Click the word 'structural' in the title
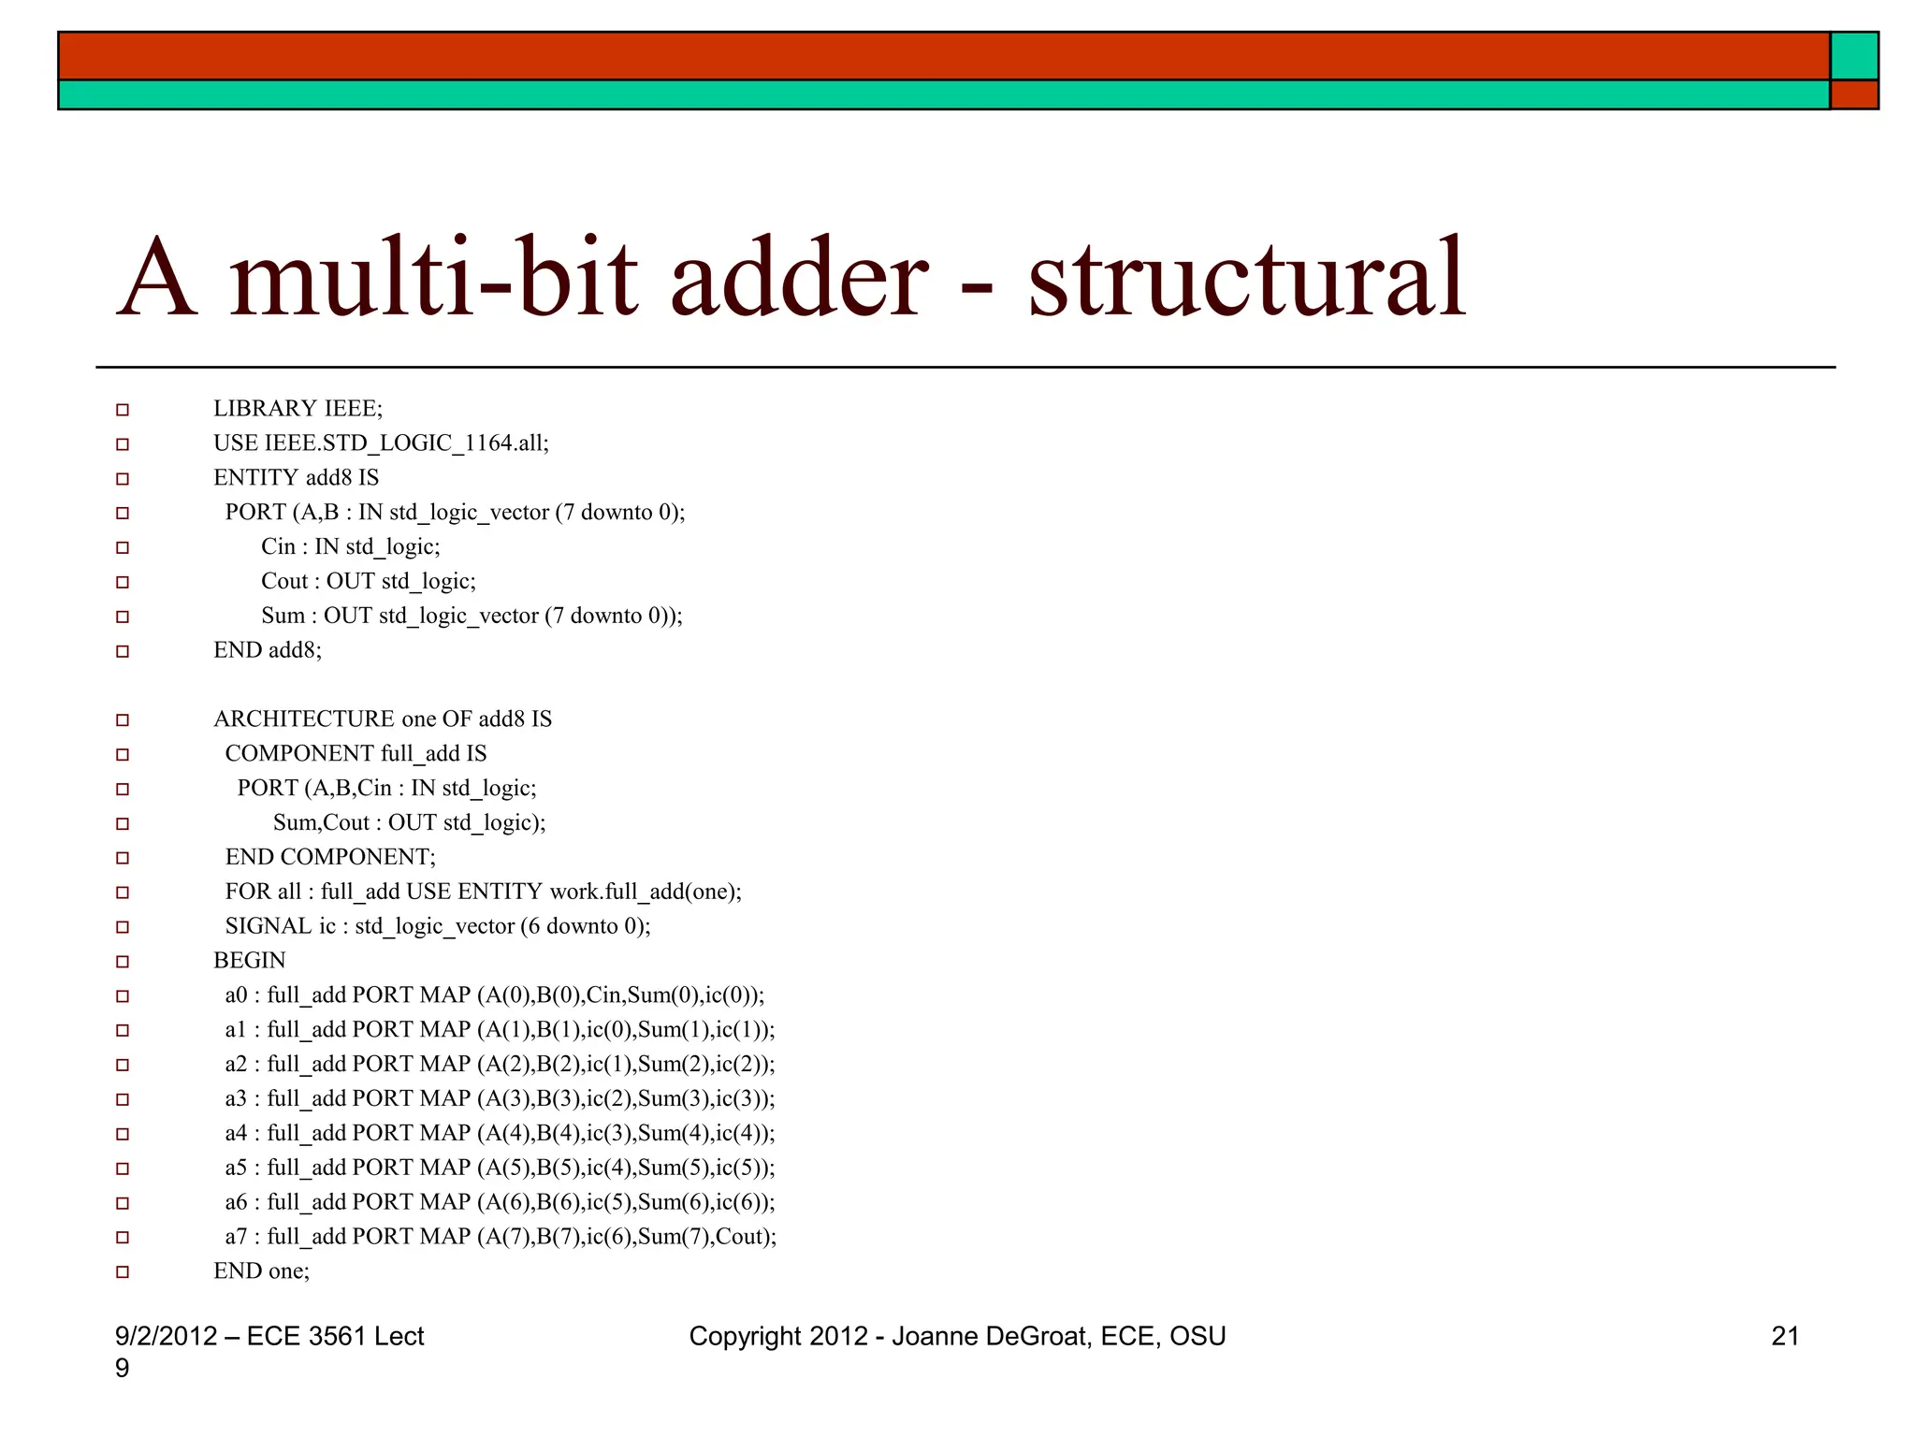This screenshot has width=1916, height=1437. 1246,278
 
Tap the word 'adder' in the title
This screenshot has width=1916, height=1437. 799,278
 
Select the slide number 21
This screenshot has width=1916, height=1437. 1785,1336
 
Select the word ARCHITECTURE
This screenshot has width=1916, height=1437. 304,719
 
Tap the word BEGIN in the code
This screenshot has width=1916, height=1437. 250,961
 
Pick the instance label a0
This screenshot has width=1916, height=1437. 236,995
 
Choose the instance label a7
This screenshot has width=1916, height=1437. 236,1237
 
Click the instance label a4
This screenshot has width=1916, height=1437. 236,1134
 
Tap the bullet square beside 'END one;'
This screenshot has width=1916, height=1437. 123,1272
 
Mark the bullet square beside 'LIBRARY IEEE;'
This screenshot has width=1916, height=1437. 123,410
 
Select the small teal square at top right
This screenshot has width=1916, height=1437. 1854,56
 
